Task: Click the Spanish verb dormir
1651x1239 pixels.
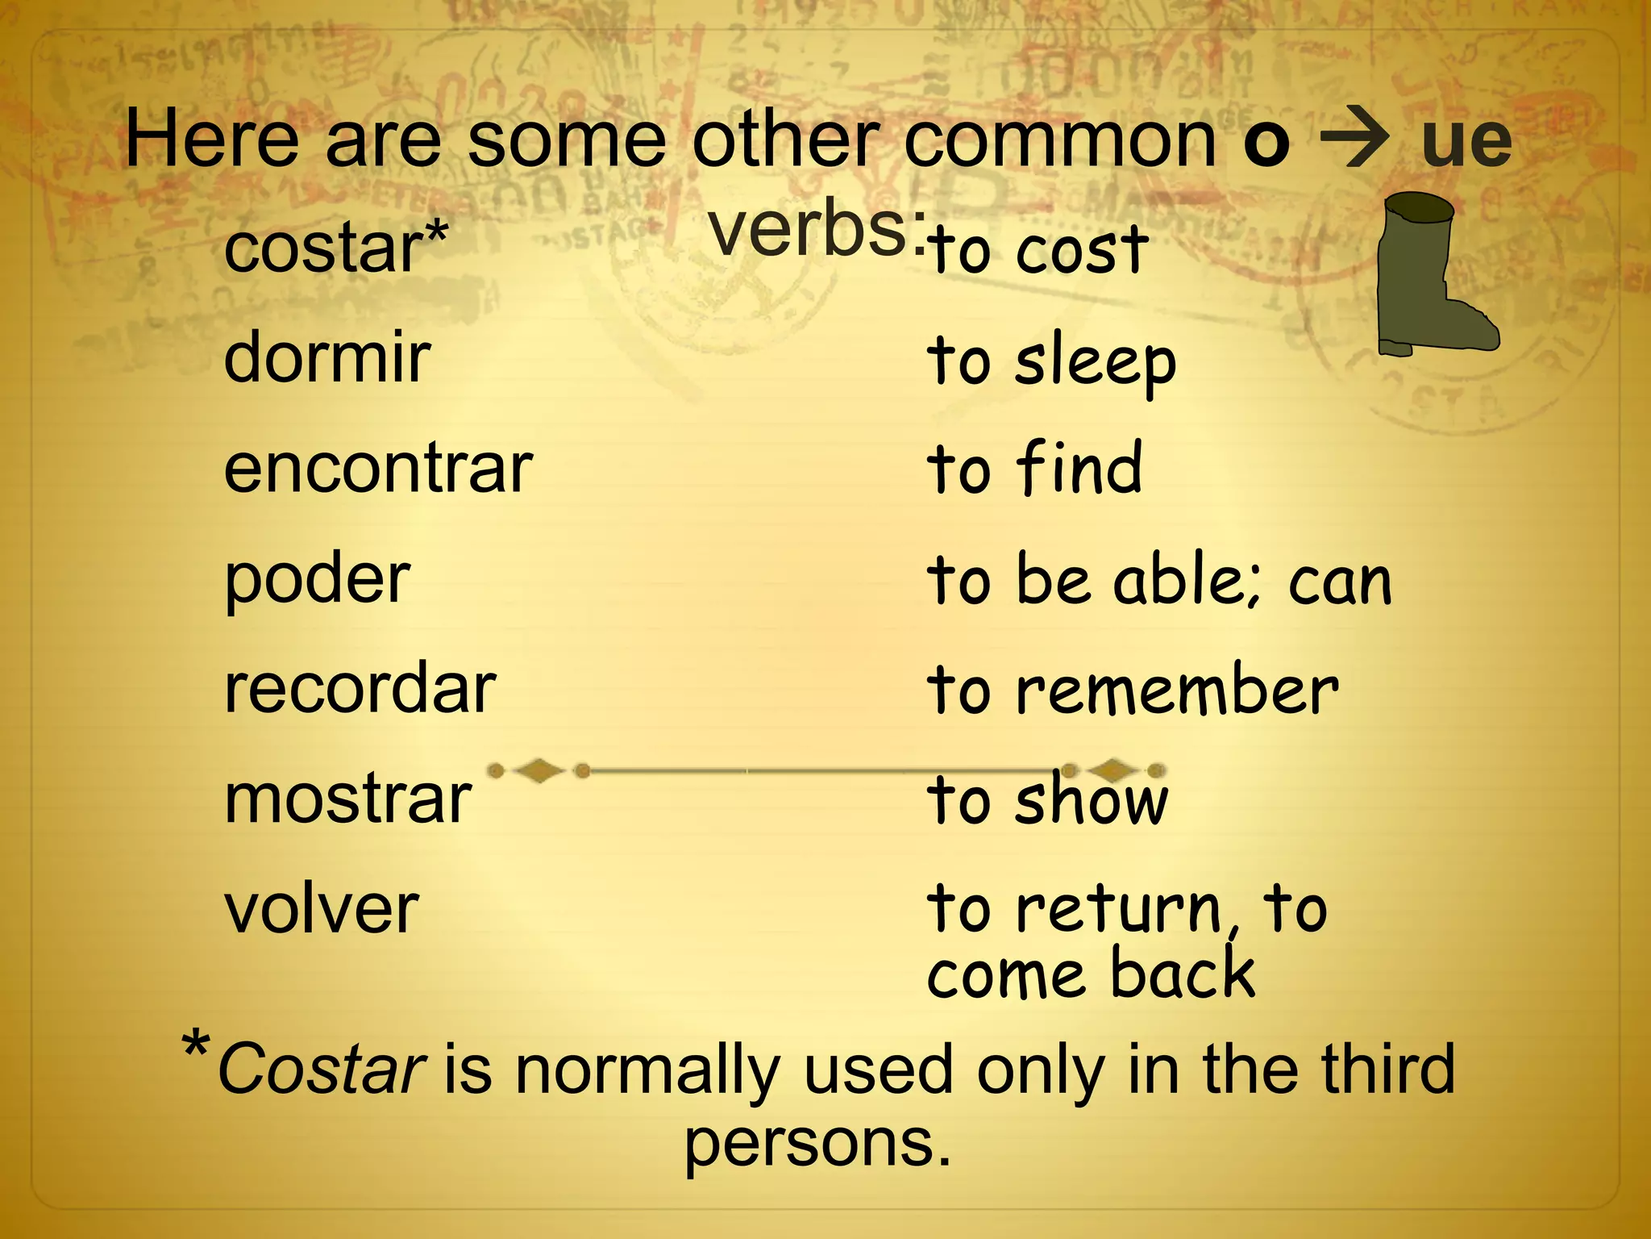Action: pos(326,359)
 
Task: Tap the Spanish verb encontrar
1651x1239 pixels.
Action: pos(378,469)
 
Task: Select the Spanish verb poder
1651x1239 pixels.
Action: pos(318,580)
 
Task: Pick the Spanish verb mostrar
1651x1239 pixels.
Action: pos(347,799)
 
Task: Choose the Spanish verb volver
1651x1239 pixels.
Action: pos(322,910)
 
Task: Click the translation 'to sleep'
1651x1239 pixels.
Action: pos(1051,362)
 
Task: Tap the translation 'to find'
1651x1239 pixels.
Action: pos(1034,469)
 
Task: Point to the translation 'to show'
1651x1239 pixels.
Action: pos(1047,799)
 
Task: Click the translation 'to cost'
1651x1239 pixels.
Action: pos(1038,249)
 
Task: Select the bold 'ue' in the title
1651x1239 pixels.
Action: pos(1466,141)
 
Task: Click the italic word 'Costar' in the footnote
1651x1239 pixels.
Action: pos(321,1070)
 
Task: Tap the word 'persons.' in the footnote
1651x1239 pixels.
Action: pos(817,1144)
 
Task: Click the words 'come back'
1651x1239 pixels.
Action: pos(1091,974)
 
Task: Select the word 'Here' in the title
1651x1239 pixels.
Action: pos(212,140)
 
